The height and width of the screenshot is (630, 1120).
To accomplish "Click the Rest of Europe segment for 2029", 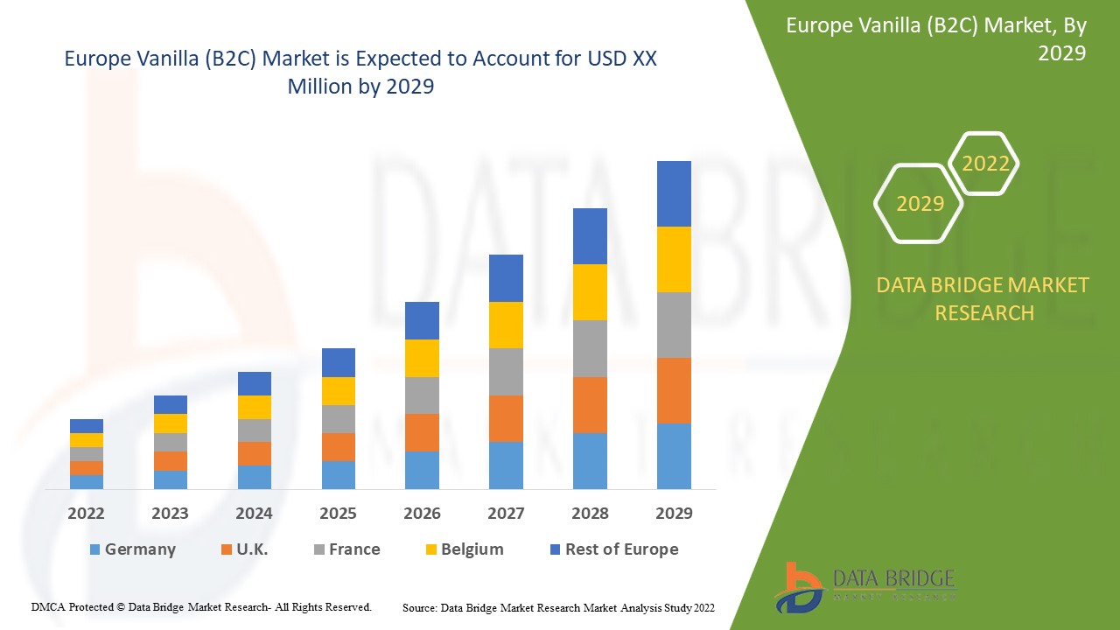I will [x=674, y=193].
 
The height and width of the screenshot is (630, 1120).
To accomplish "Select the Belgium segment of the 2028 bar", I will [x=590, y=291].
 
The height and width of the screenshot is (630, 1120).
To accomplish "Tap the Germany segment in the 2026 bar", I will [x=422, y=470].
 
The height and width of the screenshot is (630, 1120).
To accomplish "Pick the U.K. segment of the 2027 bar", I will [x=506, y=418].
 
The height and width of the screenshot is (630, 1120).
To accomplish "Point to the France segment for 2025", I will [x=339, y=418].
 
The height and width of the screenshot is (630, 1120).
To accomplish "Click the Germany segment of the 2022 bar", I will [x=87, y=481].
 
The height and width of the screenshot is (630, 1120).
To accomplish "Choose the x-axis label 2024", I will [x=254, y=514].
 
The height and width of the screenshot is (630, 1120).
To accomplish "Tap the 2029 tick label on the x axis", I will [x=674, y=514].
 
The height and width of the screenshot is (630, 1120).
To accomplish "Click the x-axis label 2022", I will [x=87, y=514].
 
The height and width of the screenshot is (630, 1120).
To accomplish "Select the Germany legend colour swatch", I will [x=94, y=549].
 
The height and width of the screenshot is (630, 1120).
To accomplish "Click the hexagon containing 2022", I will [x=985, y=164].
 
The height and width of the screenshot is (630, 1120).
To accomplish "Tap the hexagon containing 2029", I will [x=920, y=204].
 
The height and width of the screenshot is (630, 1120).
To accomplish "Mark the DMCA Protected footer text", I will [x=201, y=606].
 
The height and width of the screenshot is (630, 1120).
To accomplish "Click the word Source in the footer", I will [x=419, y=606].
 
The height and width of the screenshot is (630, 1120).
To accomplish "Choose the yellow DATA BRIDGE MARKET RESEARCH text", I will [x=983, y=298].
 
